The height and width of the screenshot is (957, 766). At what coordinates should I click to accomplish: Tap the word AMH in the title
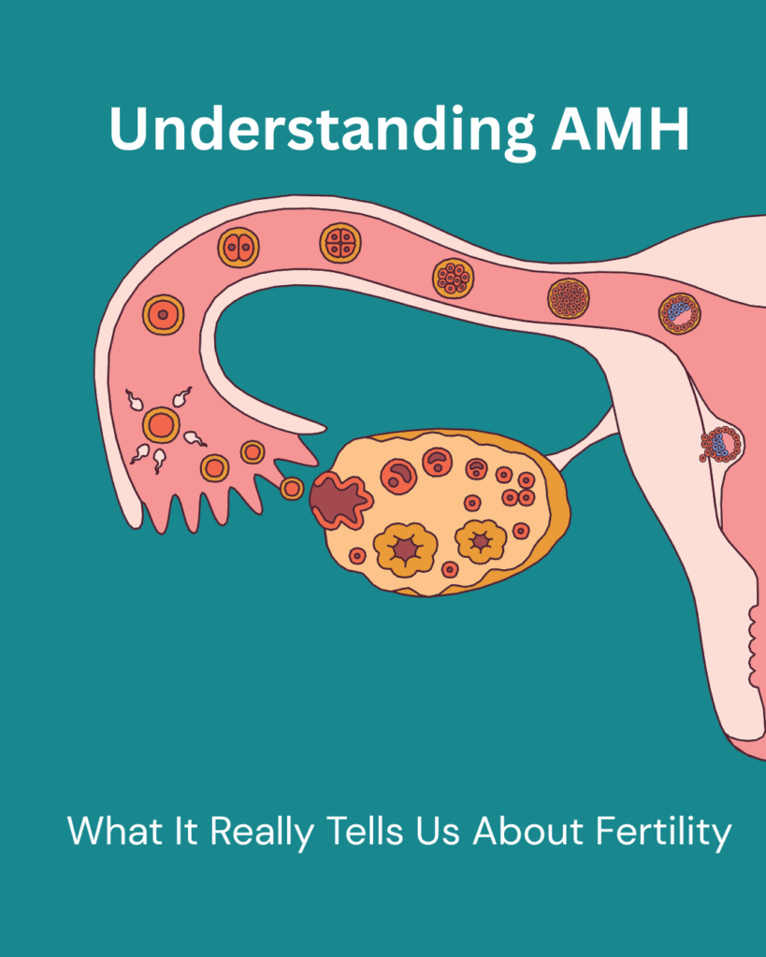(x=620, y=129)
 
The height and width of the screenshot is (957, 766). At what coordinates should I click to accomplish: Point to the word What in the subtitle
(x=115, y=830)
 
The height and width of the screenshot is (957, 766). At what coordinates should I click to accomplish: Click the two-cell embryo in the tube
(x=238, y=248)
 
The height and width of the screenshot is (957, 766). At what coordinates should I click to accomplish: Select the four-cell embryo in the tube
(x=340, y=243)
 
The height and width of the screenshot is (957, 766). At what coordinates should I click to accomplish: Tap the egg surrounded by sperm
(x=161, y=425)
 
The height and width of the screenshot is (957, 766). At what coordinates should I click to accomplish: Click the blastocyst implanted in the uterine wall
(x=721, y=444)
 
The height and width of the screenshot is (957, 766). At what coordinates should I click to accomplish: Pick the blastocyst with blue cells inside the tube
(x=679, y=314)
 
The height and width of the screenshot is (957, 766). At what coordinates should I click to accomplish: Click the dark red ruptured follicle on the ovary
(x=340, y=501)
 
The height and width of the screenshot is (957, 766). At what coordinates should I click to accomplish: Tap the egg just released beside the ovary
(x=292, y=488)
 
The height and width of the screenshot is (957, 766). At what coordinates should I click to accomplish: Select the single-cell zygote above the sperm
(x=163, y=315)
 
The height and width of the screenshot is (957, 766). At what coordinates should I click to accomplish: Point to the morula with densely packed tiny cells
(x=568, y=299)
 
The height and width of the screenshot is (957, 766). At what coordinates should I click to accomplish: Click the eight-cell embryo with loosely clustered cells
(x=453, y=279)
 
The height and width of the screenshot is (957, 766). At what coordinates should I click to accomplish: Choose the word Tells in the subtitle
(x=365, y=830)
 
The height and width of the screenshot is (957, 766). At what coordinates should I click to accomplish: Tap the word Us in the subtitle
(x=438, y=831)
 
